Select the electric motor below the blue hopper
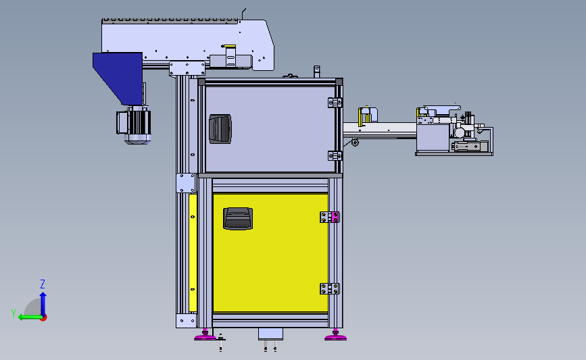coord(134,125)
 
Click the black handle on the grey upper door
coord(220,129)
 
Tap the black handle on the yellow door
coord(238,218)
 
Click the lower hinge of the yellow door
coord(330,288)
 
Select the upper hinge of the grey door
coord(335,102)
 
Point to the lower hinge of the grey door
coord(335,156)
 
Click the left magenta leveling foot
coord(205,336)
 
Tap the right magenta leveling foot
coord(336,336)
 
